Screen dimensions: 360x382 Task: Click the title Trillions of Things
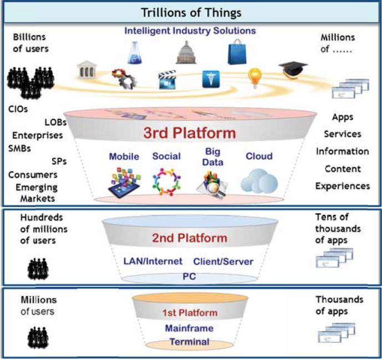click(x=190, y=12)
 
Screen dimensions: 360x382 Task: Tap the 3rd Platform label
click(x=190, y=133)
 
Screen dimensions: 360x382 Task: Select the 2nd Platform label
click(x=190, y=238)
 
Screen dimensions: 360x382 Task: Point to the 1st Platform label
click(x=190, y=313)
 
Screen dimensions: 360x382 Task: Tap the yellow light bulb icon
click(x=254, y=78)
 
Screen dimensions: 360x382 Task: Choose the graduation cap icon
click(x=293, y=69)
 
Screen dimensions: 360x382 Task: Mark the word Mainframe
click(x=189, y=328)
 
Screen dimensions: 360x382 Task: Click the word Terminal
click(x=189, y=342)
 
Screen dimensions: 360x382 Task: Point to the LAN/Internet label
click(x=152, y=261)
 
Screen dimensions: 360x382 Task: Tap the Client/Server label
click(x=223, y=261)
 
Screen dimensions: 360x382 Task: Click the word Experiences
click(x=342, y=186)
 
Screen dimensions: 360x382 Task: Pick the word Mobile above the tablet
click(x=124, y=157)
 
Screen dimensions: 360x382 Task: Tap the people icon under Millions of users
click(x=38, y=336)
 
